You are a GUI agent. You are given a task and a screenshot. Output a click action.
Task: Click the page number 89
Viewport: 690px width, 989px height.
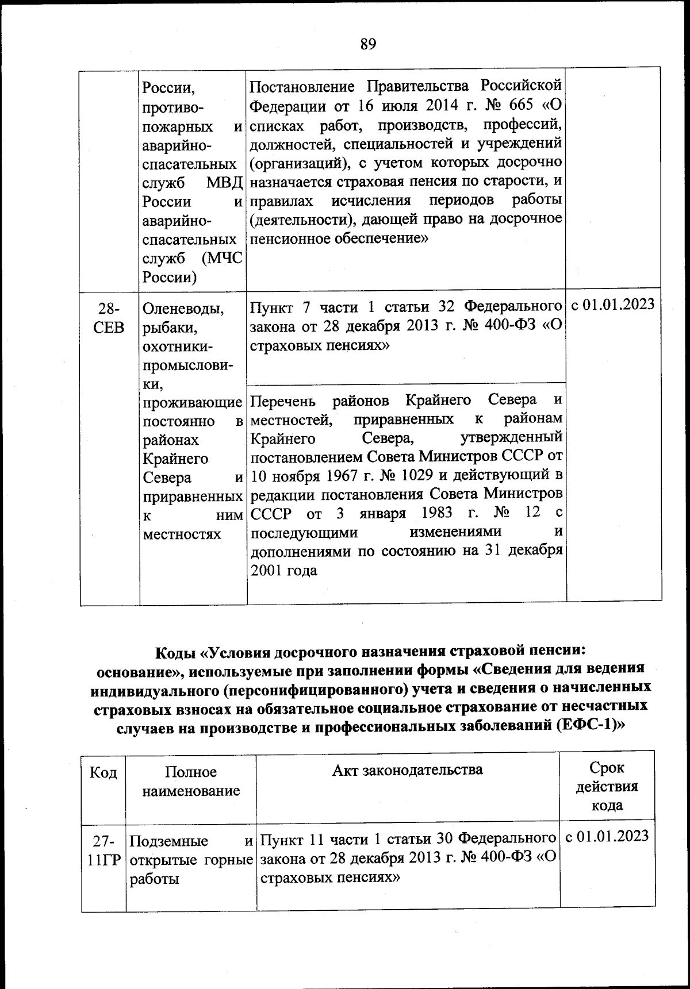click(368, 44)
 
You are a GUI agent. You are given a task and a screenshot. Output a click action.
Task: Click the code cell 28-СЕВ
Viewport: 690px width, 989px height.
click(109, 318)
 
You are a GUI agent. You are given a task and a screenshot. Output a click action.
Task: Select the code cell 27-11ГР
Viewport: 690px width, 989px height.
click(103, 851)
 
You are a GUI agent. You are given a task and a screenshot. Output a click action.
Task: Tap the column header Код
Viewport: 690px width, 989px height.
click(103, 772)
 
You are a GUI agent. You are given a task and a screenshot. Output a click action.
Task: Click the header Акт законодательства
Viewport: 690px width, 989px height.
click(407, 769)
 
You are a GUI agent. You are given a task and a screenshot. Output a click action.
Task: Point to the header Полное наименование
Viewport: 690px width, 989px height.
click(191, 782)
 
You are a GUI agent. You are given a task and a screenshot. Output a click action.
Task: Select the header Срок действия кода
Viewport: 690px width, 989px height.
click(607, 786)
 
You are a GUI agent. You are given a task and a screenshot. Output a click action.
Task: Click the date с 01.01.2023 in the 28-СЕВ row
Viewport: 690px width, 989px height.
click(613, 305)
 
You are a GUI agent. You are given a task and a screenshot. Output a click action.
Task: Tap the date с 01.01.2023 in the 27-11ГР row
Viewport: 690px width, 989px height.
click(607, 836)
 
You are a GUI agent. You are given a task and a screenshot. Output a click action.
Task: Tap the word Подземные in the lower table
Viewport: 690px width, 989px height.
click(168, 841)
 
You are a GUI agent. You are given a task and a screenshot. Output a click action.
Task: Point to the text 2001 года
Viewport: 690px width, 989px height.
click(284, 571)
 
